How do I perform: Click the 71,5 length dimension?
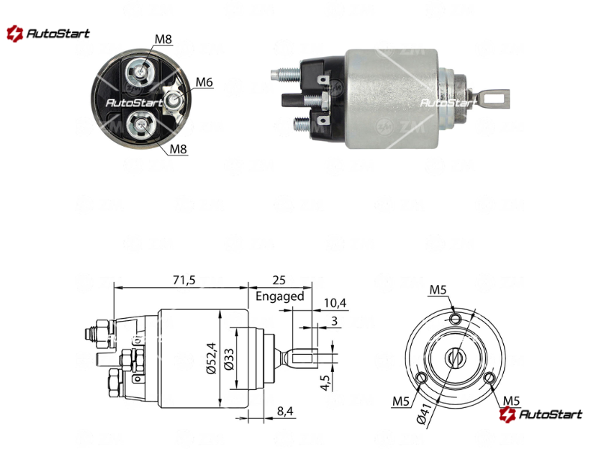click(183, 280)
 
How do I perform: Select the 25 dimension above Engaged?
click(279, 280)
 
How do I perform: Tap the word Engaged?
click(279, 296)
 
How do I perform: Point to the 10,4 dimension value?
click(335, 303)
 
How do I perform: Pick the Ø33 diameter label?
click(229, 359)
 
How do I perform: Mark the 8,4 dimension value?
click(285, 411)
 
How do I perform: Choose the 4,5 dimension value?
click(325, 382)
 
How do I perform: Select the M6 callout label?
click(204, 82)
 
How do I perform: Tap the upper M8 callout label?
click(163, 39)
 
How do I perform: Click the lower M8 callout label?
click(178, 148)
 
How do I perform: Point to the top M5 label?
click(438, 290)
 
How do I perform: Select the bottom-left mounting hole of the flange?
click(422, 378)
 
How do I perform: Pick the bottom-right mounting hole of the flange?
click(490, 378)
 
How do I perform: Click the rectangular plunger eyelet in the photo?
click(495, 99)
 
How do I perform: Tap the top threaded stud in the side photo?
click(287, 74)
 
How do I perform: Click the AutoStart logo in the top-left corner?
click(48, 34)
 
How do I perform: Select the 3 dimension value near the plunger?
click(334, 321)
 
